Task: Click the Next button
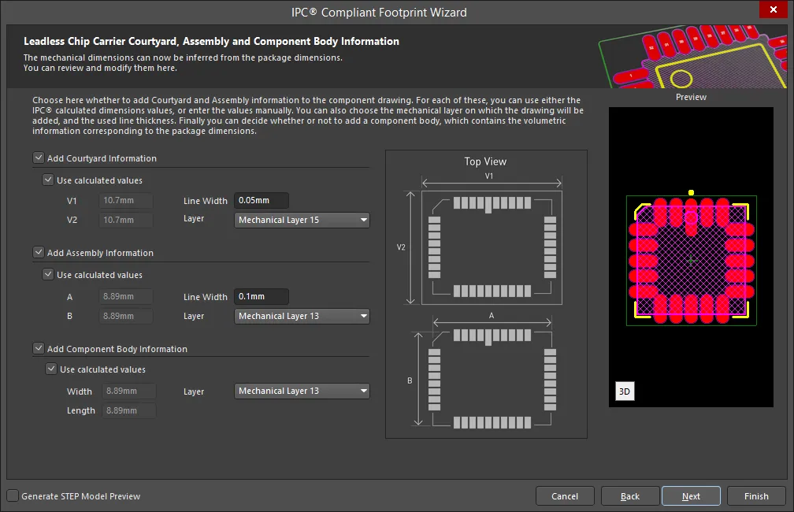pos(691,496)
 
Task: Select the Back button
pos(630,496)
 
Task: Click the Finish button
pos(756,496)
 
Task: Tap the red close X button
pos(774,9)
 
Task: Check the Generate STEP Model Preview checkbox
pos(13,495)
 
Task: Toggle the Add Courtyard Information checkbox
pos(39,158)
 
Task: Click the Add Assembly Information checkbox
pos(39,252)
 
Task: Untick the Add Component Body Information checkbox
pos(39,348)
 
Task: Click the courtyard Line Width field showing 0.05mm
pos(262,201)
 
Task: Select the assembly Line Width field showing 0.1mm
pos(262,296)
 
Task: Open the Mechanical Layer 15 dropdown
pos(302,220)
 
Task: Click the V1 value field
pos(125,201)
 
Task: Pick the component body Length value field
pos(129,410)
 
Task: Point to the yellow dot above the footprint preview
pos(692,192)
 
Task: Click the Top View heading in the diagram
pos(485,161)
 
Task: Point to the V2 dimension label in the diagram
pos(401,247)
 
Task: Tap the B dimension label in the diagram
pos(410,380)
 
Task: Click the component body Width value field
pos(129,391)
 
